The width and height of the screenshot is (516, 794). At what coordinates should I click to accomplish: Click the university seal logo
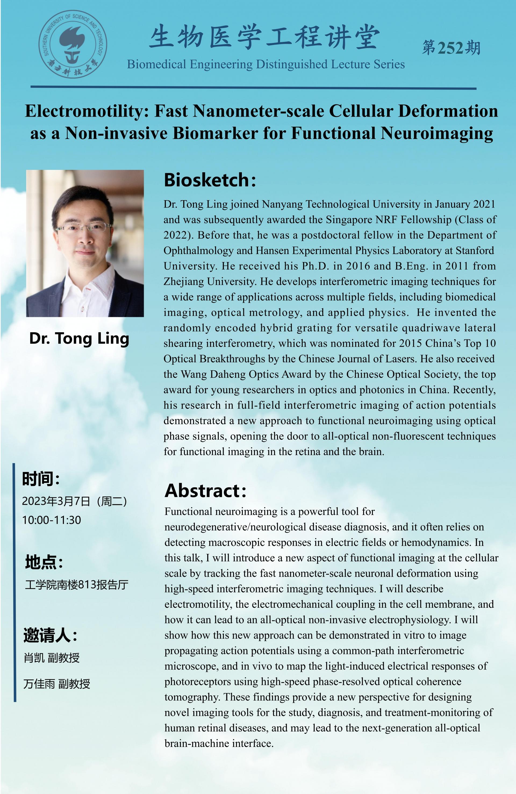pos(73,44)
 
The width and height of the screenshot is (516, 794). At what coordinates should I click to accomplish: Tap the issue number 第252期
pos(451,48)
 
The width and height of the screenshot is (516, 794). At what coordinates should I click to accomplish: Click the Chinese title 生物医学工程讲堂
pos(264,37)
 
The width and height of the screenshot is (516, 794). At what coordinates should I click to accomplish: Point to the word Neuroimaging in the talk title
pos(437,133)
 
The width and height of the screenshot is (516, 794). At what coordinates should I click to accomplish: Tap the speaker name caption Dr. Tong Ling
pos(79,338)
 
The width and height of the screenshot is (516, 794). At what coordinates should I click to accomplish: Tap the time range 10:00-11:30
pos(52,520)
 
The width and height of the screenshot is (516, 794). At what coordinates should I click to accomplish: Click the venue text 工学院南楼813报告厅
pos(76,585)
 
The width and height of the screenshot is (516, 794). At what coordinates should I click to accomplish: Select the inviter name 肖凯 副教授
pos(52,658)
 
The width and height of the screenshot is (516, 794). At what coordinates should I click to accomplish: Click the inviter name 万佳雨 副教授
pos(57,684)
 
